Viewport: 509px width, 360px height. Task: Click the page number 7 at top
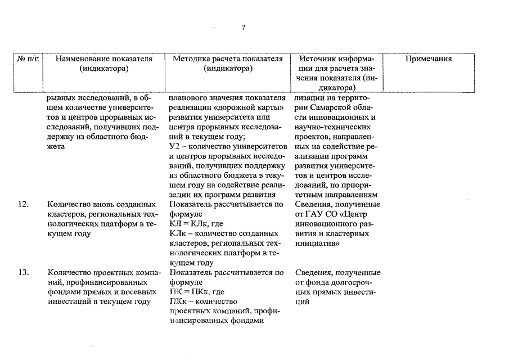click(x=243, y=28)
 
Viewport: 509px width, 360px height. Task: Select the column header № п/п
click(x=29, y=58)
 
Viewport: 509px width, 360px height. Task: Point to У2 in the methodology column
click(x=174, y=146)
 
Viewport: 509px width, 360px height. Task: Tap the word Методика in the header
click(x=191, y=58)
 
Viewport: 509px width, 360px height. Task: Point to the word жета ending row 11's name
click(x=56, y=146)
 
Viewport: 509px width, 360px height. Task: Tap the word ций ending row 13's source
click(x=302, y=301)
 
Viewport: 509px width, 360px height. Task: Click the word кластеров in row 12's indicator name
click(x=65, y=214)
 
